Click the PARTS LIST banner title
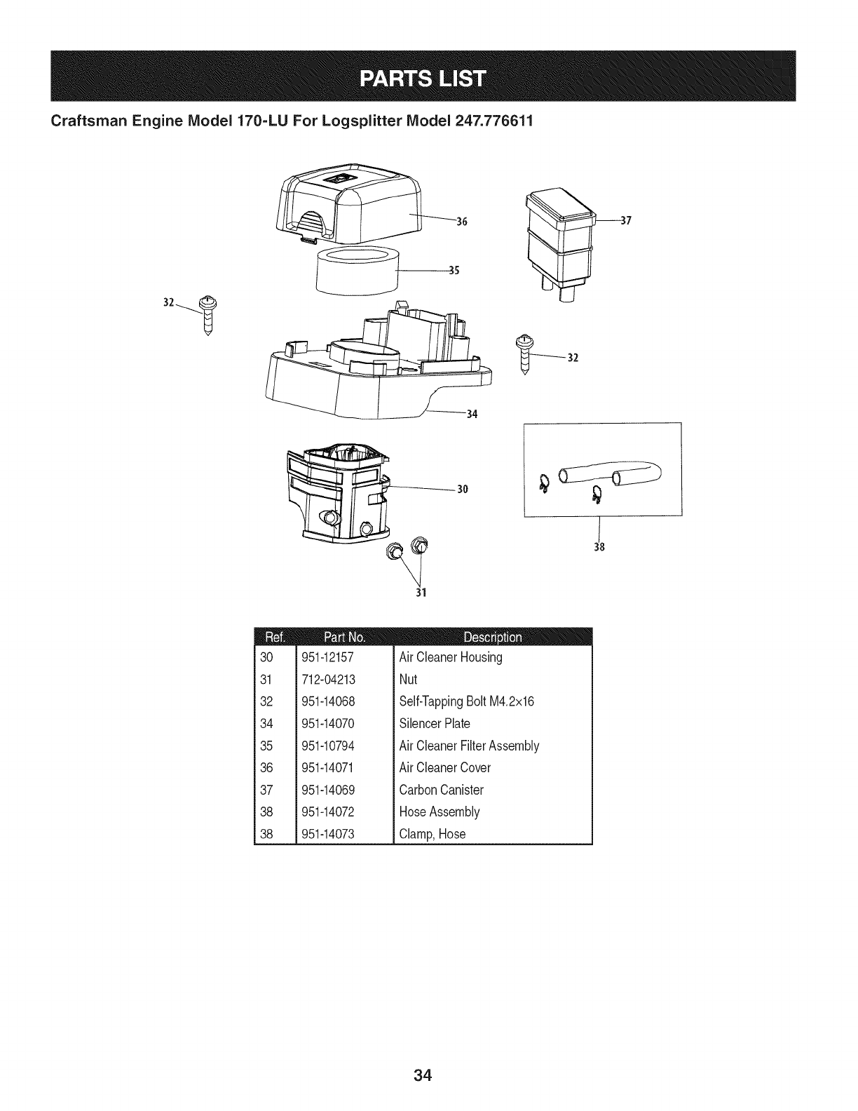(423, 77)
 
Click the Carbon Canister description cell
(441, 790)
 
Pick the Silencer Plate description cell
(434, 724)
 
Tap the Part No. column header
(343, 637)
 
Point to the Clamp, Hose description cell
(432, 834)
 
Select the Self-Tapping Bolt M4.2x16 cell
(466, 701)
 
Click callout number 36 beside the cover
(461, 222)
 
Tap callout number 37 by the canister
(626, 220)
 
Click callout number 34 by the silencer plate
(471, 414)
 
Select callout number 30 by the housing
(462, 489)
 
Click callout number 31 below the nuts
(422, 592)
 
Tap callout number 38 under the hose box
(599, 547)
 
